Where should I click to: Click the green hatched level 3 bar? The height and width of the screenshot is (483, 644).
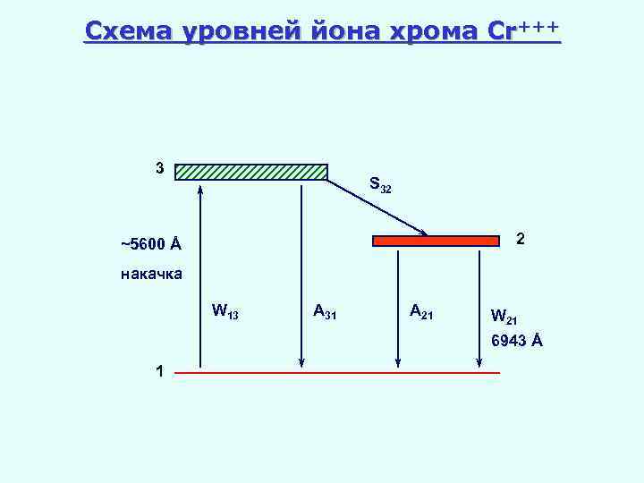click(251, 172)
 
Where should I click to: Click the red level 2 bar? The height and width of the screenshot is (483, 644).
click(436, 241)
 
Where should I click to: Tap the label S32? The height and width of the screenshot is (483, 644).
click(380, 187)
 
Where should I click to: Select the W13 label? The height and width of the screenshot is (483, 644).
click(225, 312)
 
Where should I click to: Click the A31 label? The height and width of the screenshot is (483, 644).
click(325, 312)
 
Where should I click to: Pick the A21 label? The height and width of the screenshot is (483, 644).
click(421, 311)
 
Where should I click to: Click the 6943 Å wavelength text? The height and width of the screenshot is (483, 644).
click(516, 341)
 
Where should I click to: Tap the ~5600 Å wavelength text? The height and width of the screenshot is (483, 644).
click(150, 244)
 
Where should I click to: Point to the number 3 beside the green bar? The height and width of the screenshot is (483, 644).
click(159, 168)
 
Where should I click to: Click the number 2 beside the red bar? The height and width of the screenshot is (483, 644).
click(520, 240)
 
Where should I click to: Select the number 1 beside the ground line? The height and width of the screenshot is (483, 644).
click(158, 371)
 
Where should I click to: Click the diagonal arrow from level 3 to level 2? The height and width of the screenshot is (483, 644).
click(377, 208)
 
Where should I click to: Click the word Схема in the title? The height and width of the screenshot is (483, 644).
click(129, 31)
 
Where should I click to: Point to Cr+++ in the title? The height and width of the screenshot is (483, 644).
click(524, 31)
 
